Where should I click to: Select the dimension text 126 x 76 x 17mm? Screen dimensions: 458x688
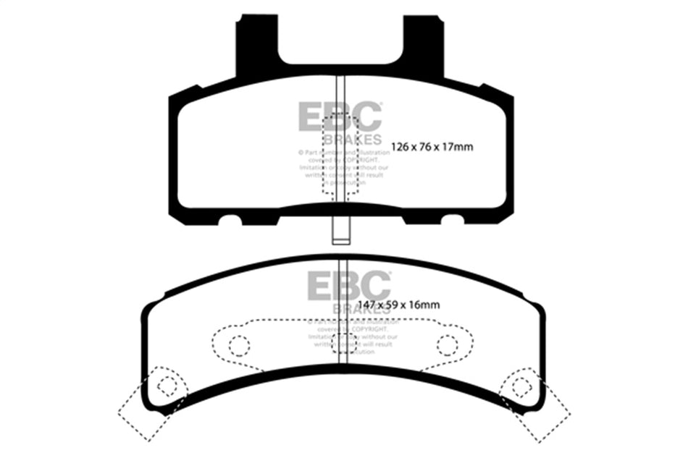coord(432,148)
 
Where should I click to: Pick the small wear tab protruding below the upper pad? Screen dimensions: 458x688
coord(340,230)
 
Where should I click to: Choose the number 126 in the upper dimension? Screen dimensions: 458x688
coord(399,148)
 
